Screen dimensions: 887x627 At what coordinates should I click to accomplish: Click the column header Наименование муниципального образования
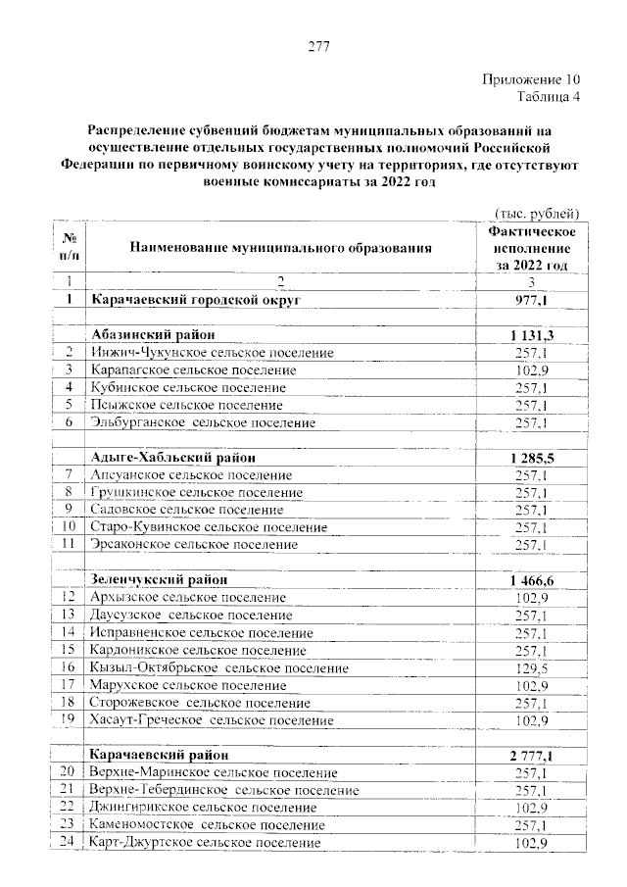[279, 249]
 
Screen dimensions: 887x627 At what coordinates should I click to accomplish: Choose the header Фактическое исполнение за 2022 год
[531, 249]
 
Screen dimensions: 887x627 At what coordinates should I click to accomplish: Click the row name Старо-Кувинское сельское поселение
[207, 526]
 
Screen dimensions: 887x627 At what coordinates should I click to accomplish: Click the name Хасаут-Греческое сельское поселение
[211, 719]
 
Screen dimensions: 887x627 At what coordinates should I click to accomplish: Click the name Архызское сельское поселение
[188, 597]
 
